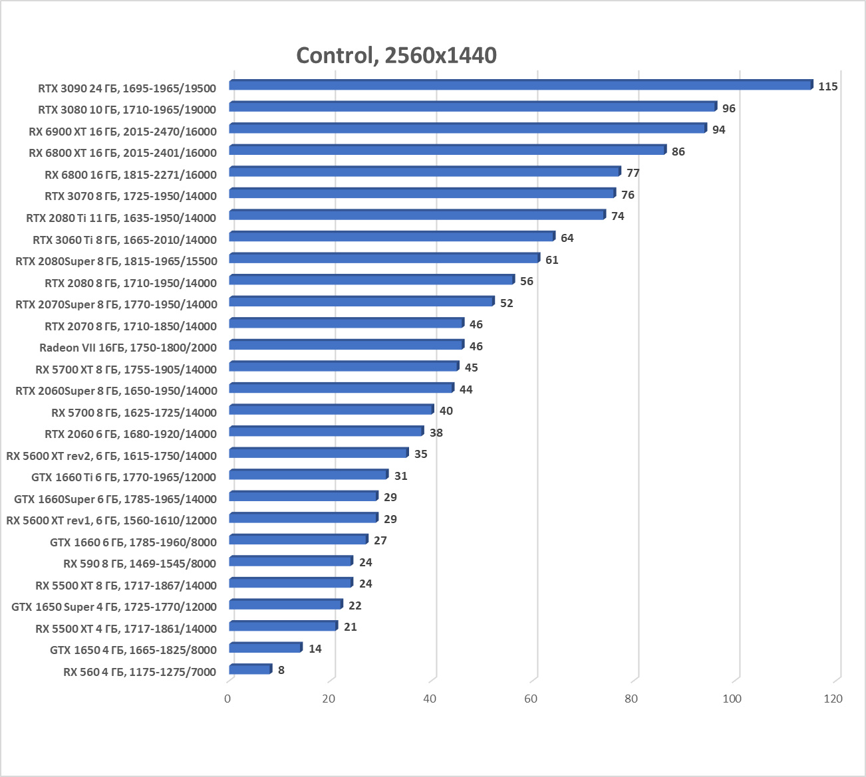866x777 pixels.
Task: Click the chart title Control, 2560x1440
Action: pyautogui.click(x=396, y=55)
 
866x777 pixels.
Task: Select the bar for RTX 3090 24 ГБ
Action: pyautogui.click(x=520, y=85)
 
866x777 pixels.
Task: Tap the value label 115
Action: pyautogui.click(x=827, y=86)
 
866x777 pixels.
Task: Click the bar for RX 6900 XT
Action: pyautogui.click(x=467, y=128)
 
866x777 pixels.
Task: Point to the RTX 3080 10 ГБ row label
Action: pyautogui.click(x=127, y=110)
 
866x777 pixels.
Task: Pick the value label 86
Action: pyautogui.click(x=678, y=152)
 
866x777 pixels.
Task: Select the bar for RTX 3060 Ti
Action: pyautogui.click(x=391, y=237)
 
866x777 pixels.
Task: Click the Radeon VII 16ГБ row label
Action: pyautogui.click(x=128, y=348)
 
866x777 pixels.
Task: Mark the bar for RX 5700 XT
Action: pyautogui.click(x=343, y=366)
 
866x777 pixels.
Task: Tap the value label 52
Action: pyautogui.click(x=506, y=303)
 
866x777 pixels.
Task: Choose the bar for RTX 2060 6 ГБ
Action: pyautogui.click(x=326, y=431)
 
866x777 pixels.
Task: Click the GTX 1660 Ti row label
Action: pyautogui.click(x=124, y=477)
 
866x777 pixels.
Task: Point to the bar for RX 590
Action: pyautogui.click(x=290, y=561)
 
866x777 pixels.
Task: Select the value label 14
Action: pyautogui.click(x=315, y=649)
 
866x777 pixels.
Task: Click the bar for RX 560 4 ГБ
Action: pyautogui.click(x=249, y=669)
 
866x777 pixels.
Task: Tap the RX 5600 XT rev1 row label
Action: pyautogui.click(x=111, y=520)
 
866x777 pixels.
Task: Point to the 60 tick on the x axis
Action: pyautogui.click(x=531, y=699)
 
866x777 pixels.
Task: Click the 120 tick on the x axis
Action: pyautogui.click(x=833, y=699)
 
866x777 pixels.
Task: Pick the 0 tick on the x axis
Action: pyautogui.click(x=228, y=699)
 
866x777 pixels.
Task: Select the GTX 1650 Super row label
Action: pyautogui.click(x=114, y=607)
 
